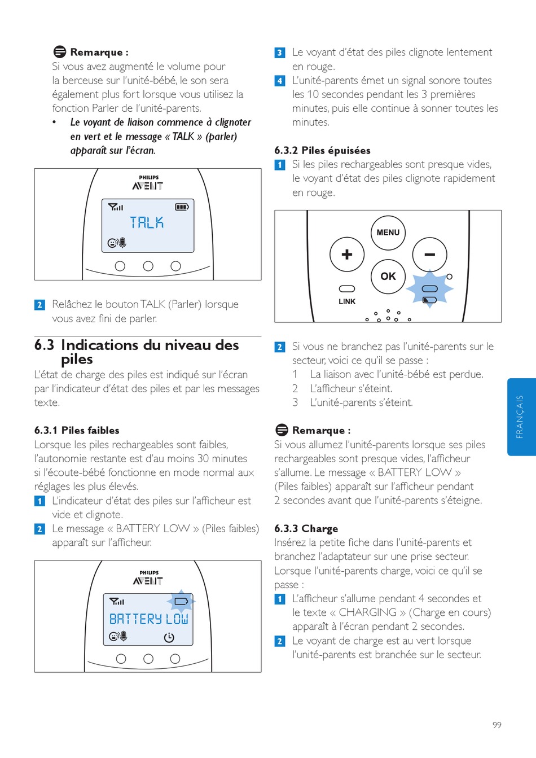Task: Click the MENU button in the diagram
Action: [x=388, y=233]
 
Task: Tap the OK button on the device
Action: [x=388, y=277]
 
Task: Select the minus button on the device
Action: [x=429, y=255]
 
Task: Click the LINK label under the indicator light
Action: [x=347, y=301]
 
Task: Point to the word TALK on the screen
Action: [x=147, y=223]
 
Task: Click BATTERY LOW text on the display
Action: [x=148, y=619]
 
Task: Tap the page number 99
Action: [x=497, y=725]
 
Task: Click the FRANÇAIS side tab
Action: [x=520, y=417]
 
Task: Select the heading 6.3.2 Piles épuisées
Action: [x=322, y=150]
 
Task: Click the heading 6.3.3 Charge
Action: [x=306, y=528]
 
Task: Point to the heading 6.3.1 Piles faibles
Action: [x=77, y=430]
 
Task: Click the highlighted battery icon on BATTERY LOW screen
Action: [x=181, y=601]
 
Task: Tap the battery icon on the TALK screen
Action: [x=182, y=207]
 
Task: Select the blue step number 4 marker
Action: [x=280, y=81]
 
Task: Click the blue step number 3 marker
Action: [x=280, y=52]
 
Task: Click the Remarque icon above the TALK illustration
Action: [x=60, y=52]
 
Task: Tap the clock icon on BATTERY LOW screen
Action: [x=169, y=638]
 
